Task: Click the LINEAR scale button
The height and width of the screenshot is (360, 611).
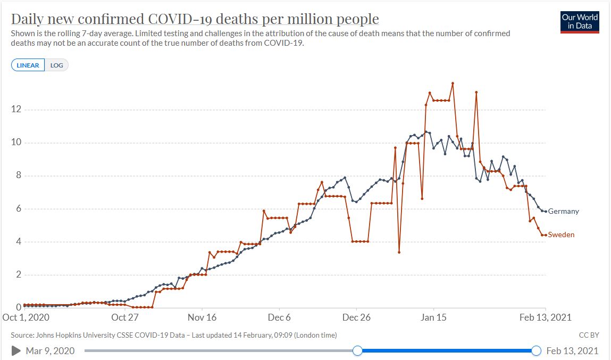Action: click(x=28, y=65)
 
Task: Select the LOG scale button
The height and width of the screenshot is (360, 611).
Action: click(x=56, y=65)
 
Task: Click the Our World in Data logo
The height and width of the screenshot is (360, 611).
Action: click(x=580, y=22)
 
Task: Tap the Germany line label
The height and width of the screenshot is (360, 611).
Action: click(x=563, y=211)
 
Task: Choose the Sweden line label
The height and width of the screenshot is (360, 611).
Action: click(x=561, y=235)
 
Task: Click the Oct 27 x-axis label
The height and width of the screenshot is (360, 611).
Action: click(x=125, y=317)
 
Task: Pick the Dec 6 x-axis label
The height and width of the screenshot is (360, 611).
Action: click(x=280, y=317)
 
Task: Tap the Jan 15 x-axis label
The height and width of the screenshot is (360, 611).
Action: click(x=433, y=317)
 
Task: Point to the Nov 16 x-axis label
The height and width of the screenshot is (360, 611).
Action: click(x=203, y=317)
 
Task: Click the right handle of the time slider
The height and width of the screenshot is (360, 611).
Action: click(x=536, y=350)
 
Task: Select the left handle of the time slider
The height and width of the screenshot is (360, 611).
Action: click(x=357, y=350)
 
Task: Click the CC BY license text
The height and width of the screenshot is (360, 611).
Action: click(x=589, y=335)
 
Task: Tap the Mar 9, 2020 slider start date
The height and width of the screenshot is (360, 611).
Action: click(x=50, y=350)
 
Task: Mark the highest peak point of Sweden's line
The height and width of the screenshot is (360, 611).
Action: click(x=453, y=83)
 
